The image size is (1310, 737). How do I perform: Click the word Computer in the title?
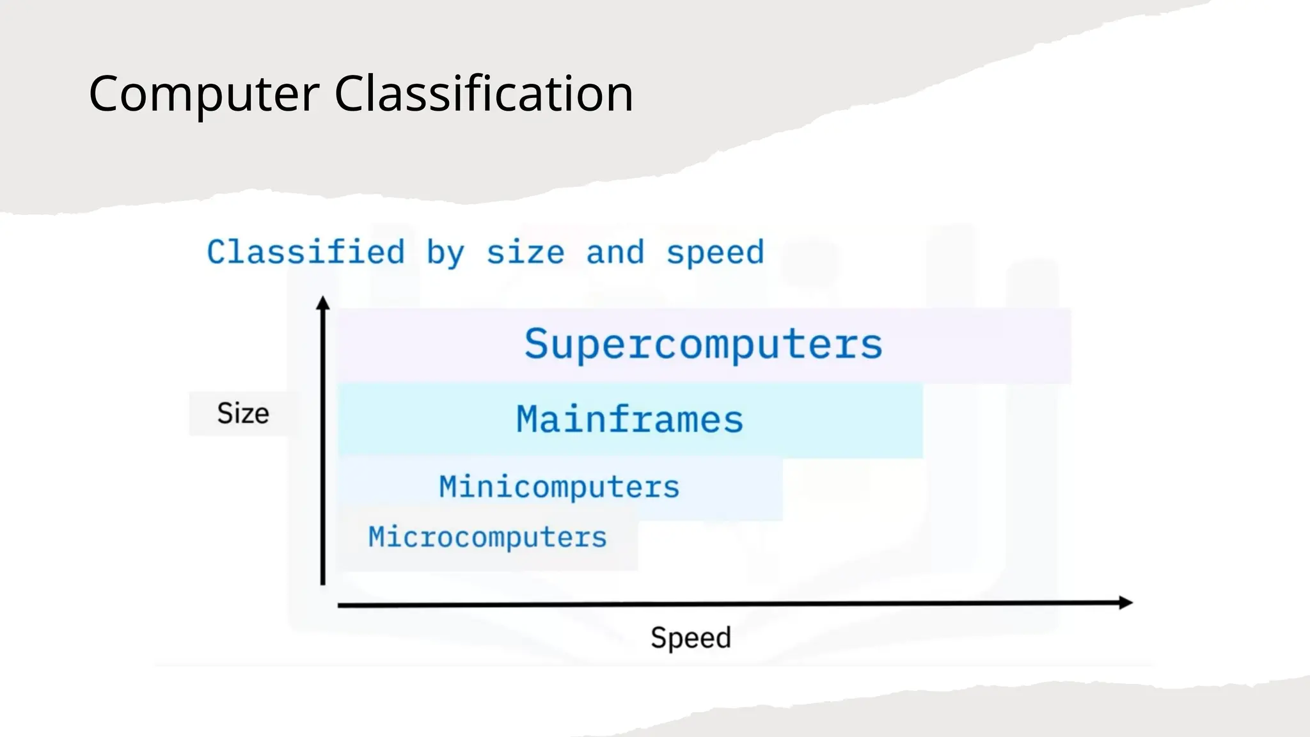tap(203, 94)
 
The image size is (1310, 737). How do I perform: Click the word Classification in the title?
tap(484, 94)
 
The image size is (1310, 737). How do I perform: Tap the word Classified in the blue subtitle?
tap(306, 252)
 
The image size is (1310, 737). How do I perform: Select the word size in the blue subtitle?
tap(525, 253)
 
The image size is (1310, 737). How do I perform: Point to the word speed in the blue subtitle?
tap(715, 253)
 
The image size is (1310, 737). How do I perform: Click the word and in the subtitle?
tap(615, 252)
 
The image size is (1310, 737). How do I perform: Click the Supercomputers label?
tap(704, 345)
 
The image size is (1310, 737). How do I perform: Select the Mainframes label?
tap(629, 420)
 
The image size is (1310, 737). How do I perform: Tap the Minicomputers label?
tap(559, 487)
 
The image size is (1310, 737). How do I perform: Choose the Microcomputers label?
tap(487, 537)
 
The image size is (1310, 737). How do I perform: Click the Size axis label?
tap(243, 414)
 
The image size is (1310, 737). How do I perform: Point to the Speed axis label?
tap(691, 638)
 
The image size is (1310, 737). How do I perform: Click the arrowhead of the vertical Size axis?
tap(323, 302)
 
